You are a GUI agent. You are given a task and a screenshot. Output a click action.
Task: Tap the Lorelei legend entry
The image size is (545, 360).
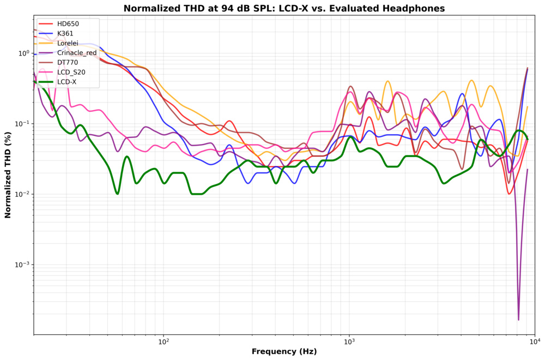67,43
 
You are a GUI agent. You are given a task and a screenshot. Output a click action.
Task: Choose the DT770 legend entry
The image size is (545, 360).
67,63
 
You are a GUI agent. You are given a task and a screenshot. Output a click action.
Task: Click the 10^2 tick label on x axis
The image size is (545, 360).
163,342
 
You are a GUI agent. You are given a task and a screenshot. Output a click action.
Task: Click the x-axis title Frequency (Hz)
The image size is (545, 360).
284,352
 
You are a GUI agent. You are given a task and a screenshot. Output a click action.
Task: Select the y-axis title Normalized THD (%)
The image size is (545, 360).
8,175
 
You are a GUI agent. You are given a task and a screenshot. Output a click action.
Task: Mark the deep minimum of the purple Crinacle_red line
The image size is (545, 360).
518,320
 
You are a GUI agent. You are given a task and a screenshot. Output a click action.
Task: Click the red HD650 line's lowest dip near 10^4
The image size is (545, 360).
510,194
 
